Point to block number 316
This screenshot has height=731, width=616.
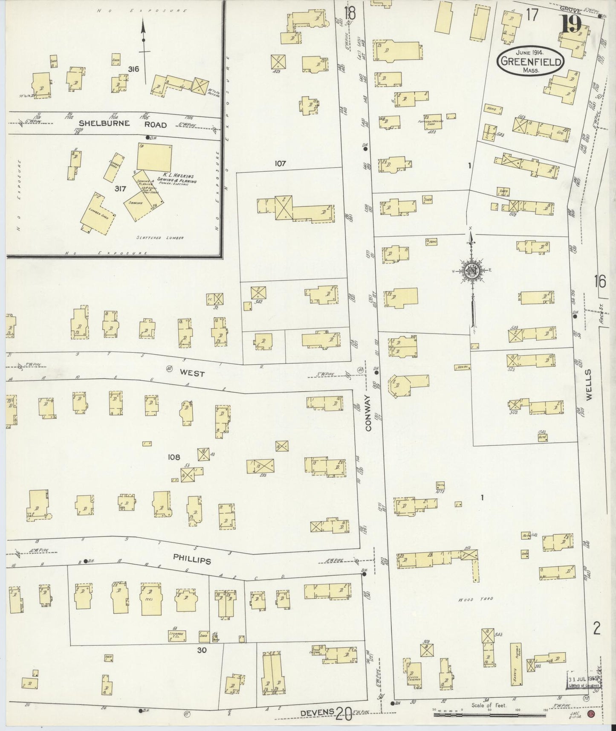point(133,68)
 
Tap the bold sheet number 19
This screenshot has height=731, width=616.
point(572,24)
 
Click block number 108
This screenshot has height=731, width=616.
point(174,457)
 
